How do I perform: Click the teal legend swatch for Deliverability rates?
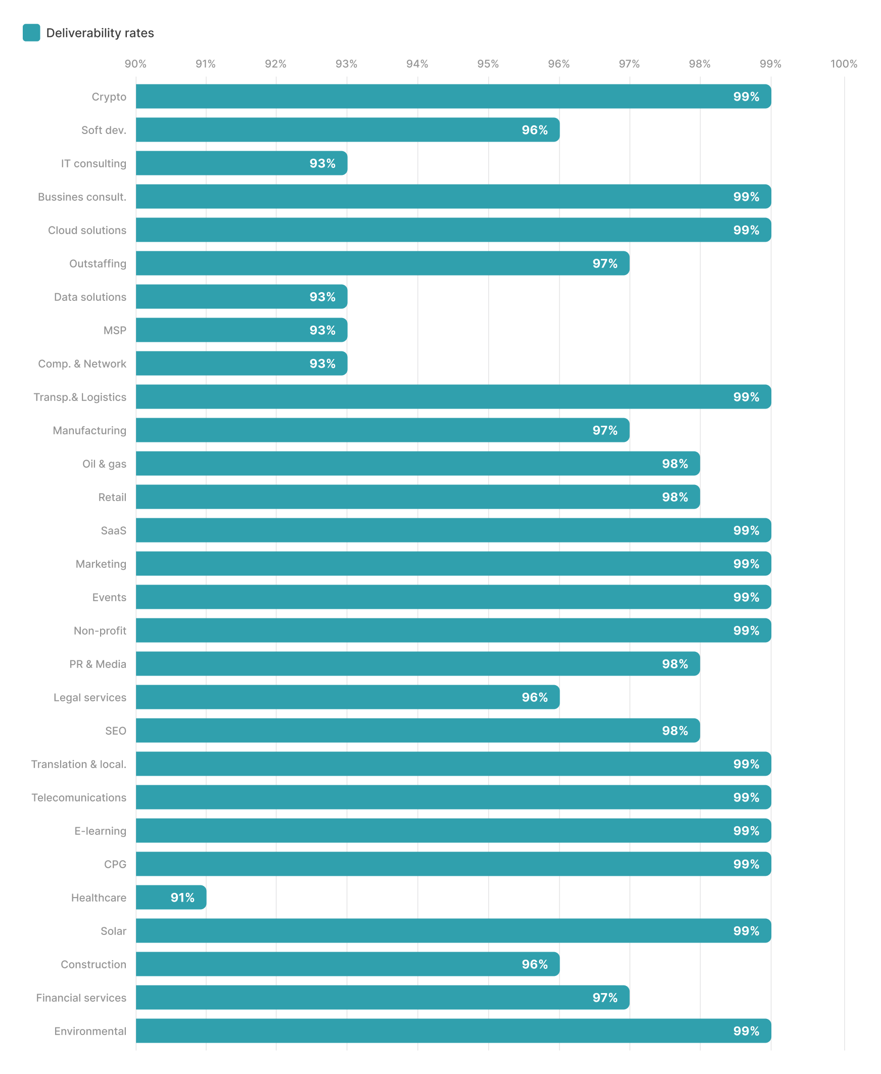click(x=31, y=32)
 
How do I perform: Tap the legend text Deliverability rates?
click(x=100, y=33)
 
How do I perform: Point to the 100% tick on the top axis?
click(x=844, y=64)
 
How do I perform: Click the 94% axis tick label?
click(x=417, y=64)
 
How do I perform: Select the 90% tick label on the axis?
click(x=135, y=64)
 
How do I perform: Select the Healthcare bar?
click(x=171, y=898)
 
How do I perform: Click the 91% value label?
click(x=182, y=898)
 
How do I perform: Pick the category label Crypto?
click(x=109, y=97)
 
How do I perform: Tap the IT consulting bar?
click(x=242, y=163)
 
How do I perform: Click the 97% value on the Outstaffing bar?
click(x=605, y=263)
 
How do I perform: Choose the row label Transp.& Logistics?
click(x=80, y=397)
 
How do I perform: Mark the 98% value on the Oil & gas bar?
click(x=675, y=464)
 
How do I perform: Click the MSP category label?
click(x=115, y=330)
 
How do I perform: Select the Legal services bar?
click(x=348, y=697)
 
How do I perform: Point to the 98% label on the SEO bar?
click(x=675, y=731)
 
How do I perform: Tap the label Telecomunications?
click(x=79, y=798)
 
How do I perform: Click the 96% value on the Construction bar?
click(x=534, y=964)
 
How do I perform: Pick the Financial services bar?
click(x=383, y=998)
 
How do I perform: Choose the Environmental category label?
click(x=90, y=1032)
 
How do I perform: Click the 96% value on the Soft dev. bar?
click(x=534, y=130)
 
